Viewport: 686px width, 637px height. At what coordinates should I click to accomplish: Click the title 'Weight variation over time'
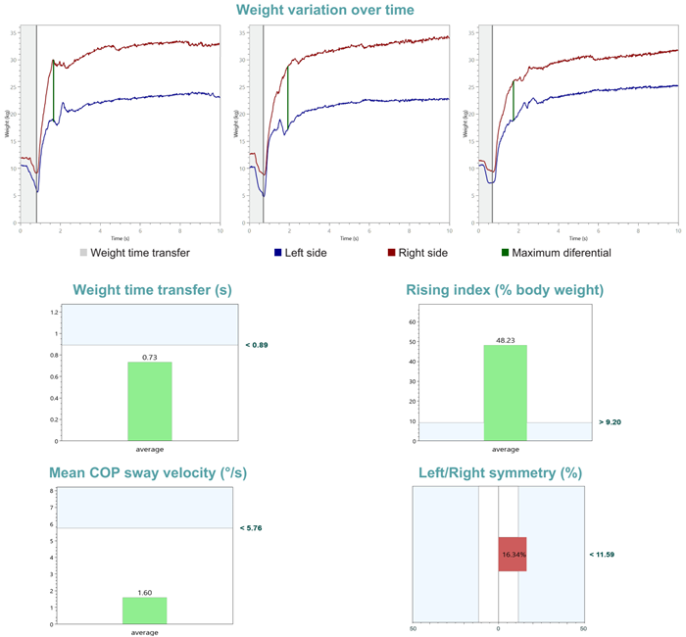(x=324, y=11)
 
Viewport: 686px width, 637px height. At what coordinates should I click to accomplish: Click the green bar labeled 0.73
(x=149, y=401)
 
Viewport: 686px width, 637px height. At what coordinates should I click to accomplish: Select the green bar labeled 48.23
(x=505, y=392)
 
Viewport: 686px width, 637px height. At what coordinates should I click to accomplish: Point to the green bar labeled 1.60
(x=144, y=611)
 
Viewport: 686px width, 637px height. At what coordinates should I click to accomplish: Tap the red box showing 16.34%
(x=513, y=554)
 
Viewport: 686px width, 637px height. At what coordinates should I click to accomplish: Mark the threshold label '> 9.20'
(x=609, y=422)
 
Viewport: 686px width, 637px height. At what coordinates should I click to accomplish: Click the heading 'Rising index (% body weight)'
(x=504, y=290)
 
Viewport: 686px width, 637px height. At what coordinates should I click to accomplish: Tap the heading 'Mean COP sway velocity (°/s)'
(x=148, y=473)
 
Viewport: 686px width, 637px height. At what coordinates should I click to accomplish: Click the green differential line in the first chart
(x=53, y=91)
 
